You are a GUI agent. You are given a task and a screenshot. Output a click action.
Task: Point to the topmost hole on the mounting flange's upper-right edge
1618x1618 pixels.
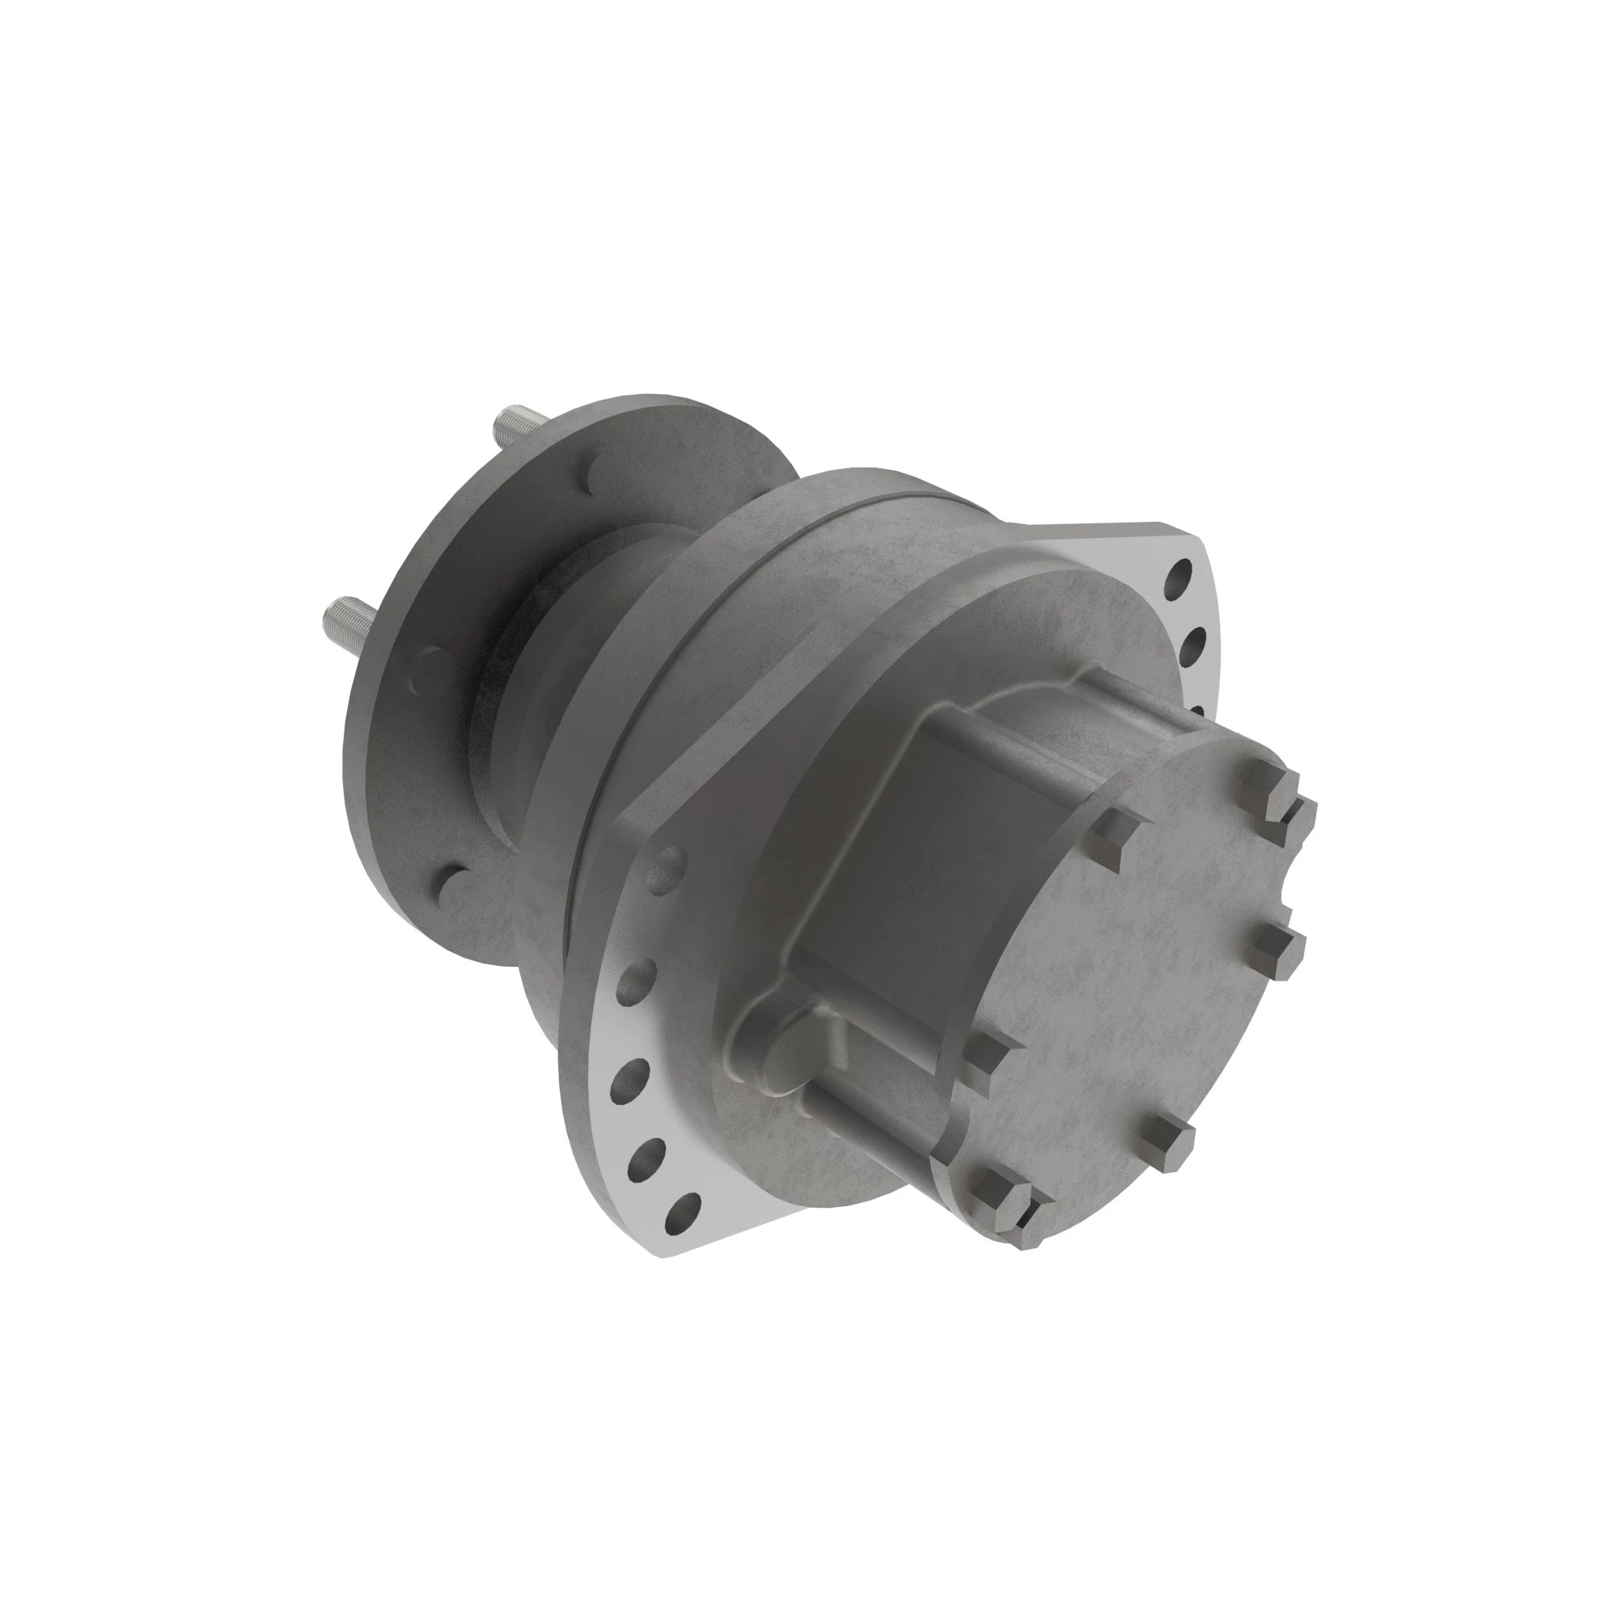1180,574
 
